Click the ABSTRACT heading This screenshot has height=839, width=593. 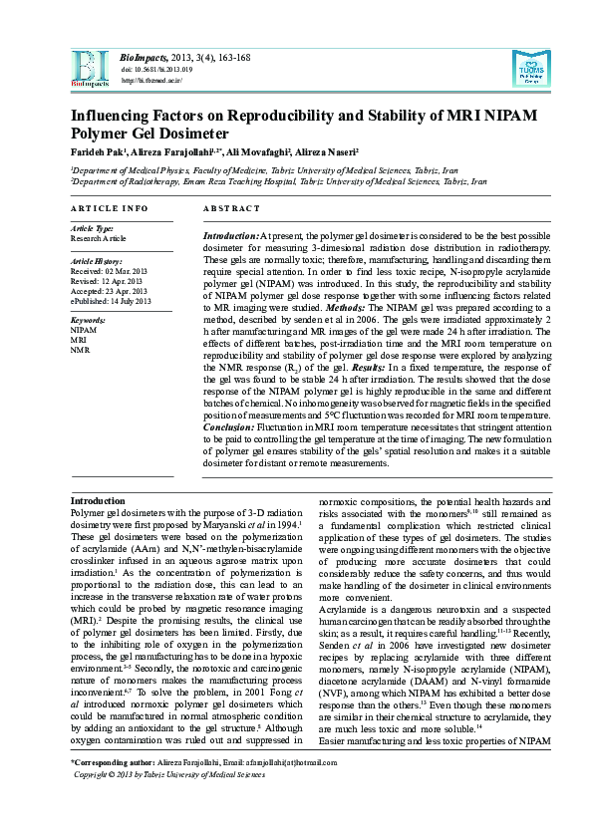(x=231, y=208)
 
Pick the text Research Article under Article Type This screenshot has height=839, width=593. (x=99, y=239)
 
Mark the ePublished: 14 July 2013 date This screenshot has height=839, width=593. (x=111, y=300)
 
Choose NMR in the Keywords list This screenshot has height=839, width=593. (x=80, y=350)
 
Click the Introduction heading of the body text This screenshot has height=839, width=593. (x=98, y=500)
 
